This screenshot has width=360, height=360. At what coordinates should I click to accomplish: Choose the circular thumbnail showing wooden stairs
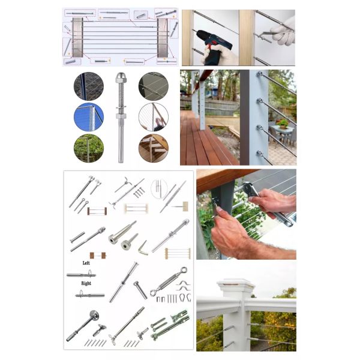point(153,148)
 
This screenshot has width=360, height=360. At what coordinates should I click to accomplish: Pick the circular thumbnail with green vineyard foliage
point(88,148)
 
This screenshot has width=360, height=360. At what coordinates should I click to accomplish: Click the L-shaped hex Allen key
point(143,247)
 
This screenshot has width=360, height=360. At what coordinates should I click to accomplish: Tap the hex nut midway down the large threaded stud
point(121,113)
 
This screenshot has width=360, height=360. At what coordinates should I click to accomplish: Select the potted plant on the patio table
point(281,123)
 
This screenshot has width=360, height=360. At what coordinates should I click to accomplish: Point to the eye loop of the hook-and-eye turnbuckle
point(183,271)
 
